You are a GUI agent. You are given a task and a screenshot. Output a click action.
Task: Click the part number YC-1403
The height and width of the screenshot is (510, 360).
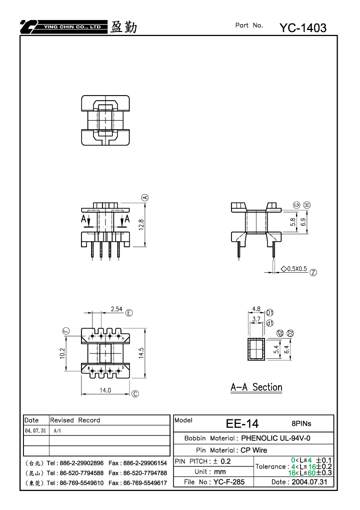click(x=303, y=28)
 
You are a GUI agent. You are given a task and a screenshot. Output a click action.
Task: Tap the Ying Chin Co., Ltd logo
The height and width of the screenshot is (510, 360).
click(x=63, y=27)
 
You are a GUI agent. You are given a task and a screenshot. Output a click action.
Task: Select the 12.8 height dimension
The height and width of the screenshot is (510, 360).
click(x=141, y=224)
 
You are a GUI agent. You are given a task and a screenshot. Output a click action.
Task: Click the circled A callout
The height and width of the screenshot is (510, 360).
click(x=145, y=197)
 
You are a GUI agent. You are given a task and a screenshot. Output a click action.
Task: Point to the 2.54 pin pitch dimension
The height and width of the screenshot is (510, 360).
click(x=116, y=309)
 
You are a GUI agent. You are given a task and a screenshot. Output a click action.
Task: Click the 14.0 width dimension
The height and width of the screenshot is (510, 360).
click(x=105, y=390)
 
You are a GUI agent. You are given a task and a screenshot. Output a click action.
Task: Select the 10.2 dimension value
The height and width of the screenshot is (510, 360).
click(x=62, y=353)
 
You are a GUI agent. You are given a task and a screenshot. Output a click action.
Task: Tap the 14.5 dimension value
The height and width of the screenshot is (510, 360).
click(x=141, y=353)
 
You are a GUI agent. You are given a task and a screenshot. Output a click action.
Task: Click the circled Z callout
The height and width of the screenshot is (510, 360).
click(x=313, y=273)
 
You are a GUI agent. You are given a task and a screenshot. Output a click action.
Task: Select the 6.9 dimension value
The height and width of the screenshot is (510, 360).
click(x=303, y=222)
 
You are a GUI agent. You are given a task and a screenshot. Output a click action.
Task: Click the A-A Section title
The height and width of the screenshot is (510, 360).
click(x=256, y=387)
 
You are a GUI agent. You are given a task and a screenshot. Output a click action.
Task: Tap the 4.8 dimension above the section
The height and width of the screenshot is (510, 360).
click(x=256, y=309)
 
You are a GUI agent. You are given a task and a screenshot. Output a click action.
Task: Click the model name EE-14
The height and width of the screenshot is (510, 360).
click(x=242, y=423)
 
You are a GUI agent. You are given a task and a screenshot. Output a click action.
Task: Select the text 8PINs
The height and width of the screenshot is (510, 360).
click(x=301, y=423)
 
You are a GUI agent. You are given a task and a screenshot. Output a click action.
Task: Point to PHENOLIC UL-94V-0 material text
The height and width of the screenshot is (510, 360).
click(x=275, y=438)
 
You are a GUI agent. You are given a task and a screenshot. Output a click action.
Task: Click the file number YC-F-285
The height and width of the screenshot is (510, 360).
click(x=229, y=482)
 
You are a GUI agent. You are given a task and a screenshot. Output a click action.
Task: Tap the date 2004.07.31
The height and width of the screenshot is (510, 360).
click(x=309, y=482)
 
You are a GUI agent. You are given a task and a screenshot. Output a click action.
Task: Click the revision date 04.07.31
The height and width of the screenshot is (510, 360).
click(x=35, y=430)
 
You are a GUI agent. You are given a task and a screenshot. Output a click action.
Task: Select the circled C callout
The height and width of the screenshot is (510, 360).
click(x=135, y=394)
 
